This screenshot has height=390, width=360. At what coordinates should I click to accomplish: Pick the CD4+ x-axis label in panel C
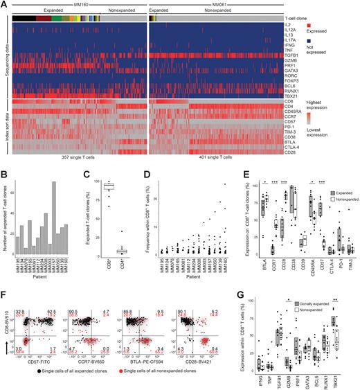[122, 242]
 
